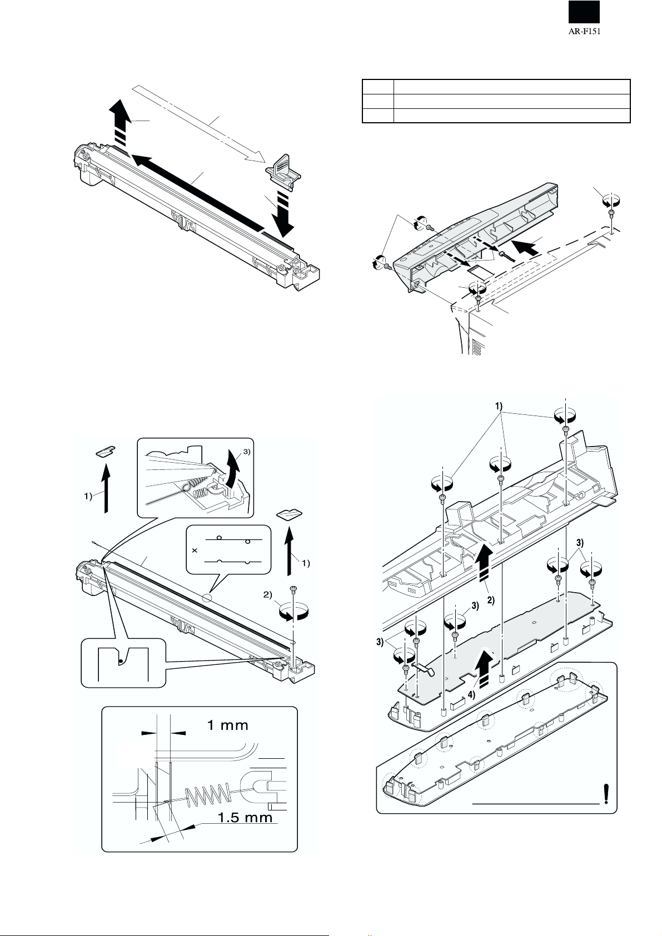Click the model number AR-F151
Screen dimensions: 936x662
pos(583,32)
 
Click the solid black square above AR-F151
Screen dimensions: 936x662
pos(583,12)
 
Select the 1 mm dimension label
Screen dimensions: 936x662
pos(228,725)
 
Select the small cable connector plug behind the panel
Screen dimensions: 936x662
pos(503,254)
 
